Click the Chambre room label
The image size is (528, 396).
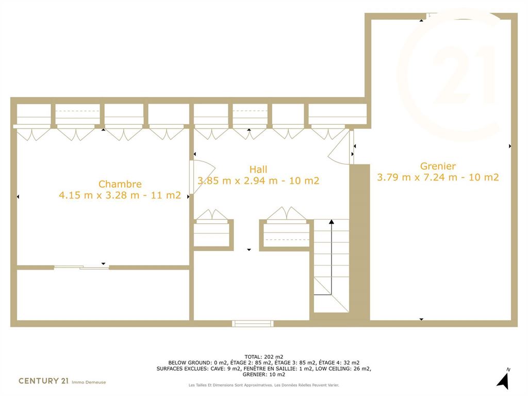point(120,184)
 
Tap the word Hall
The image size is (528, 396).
point(258,169)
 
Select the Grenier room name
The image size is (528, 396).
point(438,166)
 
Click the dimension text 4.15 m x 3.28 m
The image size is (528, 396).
point(99,195)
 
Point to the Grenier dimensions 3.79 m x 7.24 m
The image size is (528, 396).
point(417,177)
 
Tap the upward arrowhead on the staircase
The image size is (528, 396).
point(332,222)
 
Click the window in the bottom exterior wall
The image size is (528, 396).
point(253,324)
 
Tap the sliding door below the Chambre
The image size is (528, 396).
point(81,268)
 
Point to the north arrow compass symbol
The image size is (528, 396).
point(503,378)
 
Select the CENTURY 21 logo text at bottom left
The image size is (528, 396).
point(43,381)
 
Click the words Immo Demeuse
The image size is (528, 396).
point(89,382)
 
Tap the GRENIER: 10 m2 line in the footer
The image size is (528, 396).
point(263,374)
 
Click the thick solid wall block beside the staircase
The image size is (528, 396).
point(359,242)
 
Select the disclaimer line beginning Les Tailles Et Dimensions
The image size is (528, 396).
point(263,385)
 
